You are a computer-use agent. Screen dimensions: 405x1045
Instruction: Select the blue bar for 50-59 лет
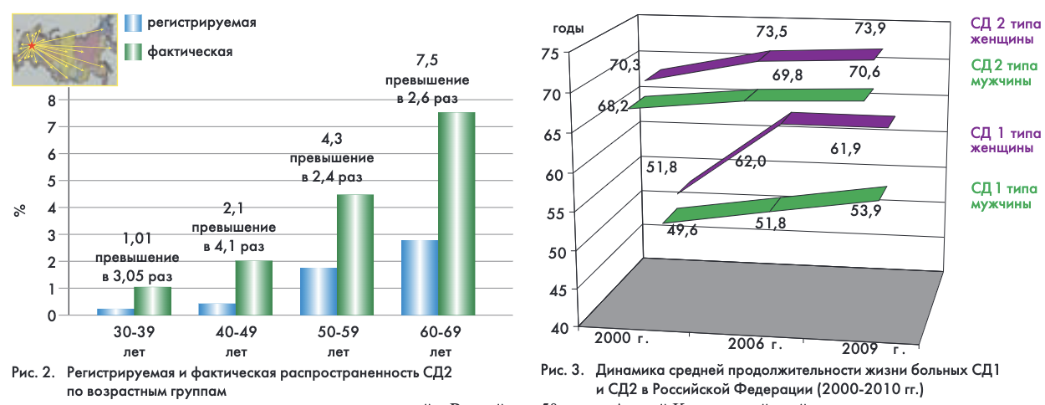317,291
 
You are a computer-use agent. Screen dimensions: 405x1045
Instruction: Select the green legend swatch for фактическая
131,52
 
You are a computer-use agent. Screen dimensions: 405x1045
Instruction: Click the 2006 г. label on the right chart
754,344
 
